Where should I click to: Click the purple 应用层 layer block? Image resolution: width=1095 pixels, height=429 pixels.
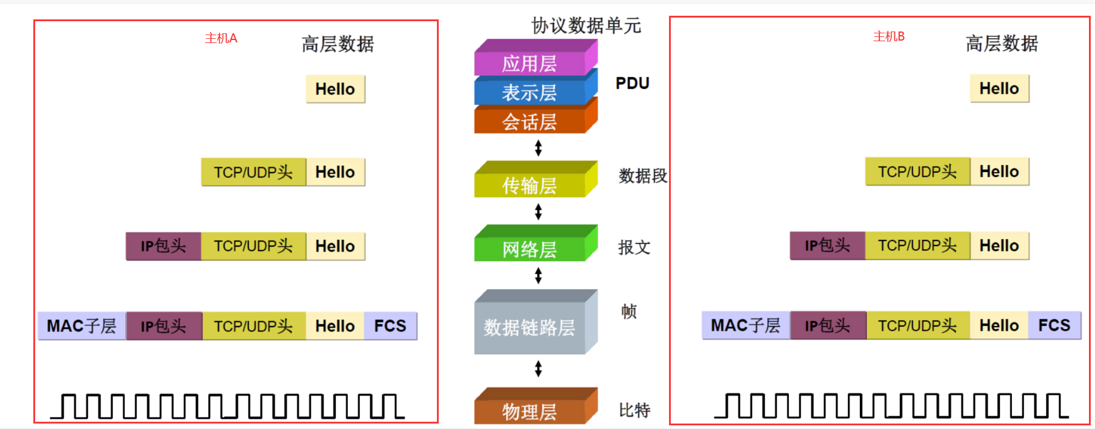[x=529, y=63]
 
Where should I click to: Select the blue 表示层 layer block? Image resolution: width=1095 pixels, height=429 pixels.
[x=529, y=92]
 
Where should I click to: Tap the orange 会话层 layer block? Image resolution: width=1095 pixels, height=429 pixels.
[x=529, y=122]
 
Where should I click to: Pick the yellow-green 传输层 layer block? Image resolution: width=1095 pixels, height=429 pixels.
[x=529, y=185]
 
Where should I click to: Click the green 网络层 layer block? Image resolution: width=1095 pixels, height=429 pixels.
[x=529, y=248]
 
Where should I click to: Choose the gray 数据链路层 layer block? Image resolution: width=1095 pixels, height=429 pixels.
[x=529, y=327]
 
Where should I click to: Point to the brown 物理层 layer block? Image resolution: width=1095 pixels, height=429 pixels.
[x=529, y=411]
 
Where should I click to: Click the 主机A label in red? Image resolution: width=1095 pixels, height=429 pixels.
[x=221, y=38]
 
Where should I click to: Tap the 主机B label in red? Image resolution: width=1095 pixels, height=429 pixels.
[x=888, y=36]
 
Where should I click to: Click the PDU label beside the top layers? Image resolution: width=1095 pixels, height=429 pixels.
[x=632, y=83]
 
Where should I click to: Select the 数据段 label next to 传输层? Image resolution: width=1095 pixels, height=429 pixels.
[x=642, y=176]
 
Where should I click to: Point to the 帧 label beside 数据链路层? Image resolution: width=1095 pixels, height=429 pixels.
[x=629, y=311]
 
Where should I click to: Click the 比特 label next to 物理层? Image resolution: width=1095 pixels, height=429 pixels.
[x=634, y=410]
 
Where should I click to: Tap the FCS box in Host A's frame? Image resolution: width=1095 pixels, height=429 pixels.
[x=390, y=326]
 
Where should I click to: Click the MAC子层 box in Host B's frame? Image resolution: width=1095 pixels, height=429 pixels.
[x=745, y=325]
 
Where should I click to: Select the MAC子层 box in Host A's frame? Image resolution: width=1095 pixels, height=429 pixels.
[x=81, y=326]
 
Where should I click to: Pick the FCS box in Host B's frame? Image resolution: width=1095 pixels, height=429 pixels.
[x=1054, y=325]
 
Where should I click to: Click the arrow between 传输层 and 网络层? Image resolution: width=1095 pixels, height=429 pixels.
[x=538, y=211]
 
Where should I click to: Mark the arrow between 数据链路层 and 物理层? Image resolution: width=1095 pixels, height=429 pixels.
[x=538, y=368]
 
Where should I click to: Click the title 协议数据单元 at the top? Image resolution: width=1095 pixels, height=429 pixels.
[x=586, y=25]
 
